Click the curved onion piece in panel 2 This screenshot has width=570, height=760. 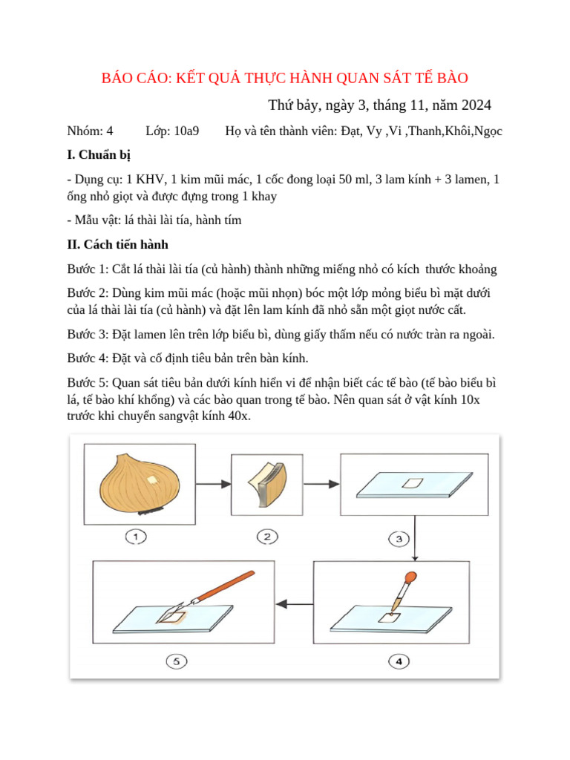(x=265, y=483)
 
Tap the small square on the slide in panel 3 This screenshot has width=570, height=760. (x=411, y=484)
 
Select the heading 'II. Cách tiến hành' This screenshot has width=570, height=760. (x=117, y=244)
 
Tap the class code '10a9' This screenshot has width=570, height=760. (x=183, y=131)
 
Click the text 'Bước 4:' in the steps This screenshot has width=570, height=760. (x=88, y=358)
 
